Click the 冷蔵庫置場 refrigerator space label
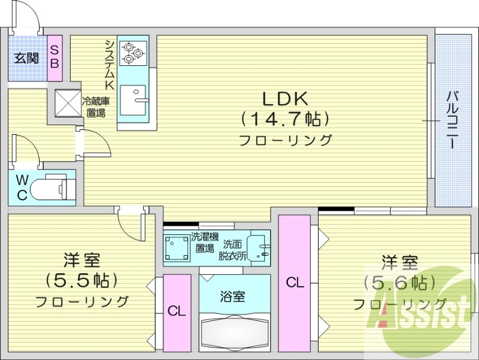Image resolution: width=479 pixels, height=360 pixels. [x=96, y=107]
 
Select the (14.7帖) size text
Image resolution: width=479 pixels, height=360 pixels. [x=286, y=119]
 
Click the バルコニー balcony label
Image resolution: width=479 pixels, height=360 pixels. [x=453, y=120]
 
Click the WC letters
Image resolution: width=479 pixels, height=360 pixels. [x=22, y=187]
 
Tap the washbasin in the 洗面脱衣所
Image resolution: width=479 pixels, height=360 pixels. [x=260, y=246]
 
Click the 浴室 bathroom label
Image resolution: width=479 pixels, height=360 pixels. [x=234, y=296]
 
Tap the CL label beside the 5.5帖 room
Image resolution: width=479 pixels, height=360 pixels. [x=177, y=311]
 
